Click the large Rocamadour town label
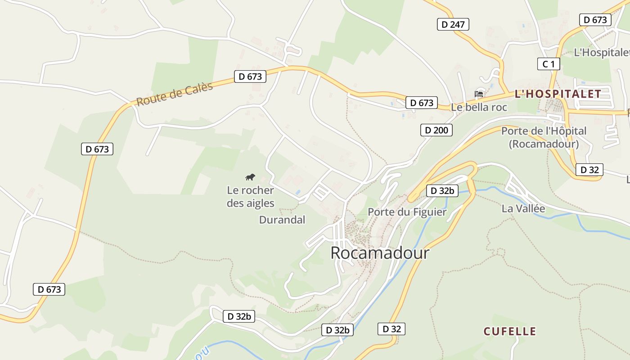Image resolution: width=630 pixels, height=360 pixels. coord(380,253)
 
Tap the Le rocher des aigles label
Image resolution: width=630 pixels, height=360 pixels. coord(250,197)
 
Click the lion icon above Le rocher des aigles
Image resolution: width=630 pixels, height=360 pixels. coord(250,177)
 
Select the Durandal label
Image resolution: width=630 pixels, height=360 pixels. coord(282,220)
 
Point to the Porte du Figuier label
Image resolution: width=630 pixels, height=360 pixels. coord(407,212)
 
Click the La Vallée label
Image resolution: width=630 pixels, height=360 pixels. coord(523,209)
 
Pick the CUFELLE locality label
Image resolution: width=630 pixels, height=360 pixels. coord(510,332)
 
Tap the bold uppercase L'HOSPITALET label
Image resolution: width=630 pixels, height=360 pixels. coord(558,94)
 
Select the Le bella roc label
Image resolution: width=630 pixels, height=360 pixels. coord(479,107)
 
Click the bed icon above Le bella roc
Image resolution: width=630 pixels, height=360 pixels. coord(479,94)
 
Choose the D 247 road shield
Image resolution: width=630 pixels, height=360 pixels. coord(453,24)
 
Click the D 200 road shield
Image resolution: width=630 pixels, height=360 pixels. coord(436,130)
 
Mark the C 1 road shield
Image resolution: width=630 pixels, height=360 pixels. coord(549,64)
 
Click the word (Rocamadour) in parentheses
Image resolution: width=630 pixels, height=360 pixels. coord(544,144)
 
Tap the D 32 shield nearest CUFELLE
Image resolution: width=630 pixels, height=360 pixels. coord(391,329)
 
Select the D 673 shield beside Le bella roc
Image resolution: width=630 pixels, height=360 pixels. coord(422,103)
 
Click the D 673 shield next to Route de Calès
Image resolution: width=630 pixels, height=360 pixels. coord(250,76)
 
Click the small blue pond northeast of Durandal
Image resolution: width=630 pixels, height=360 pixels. coord(298,192)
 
